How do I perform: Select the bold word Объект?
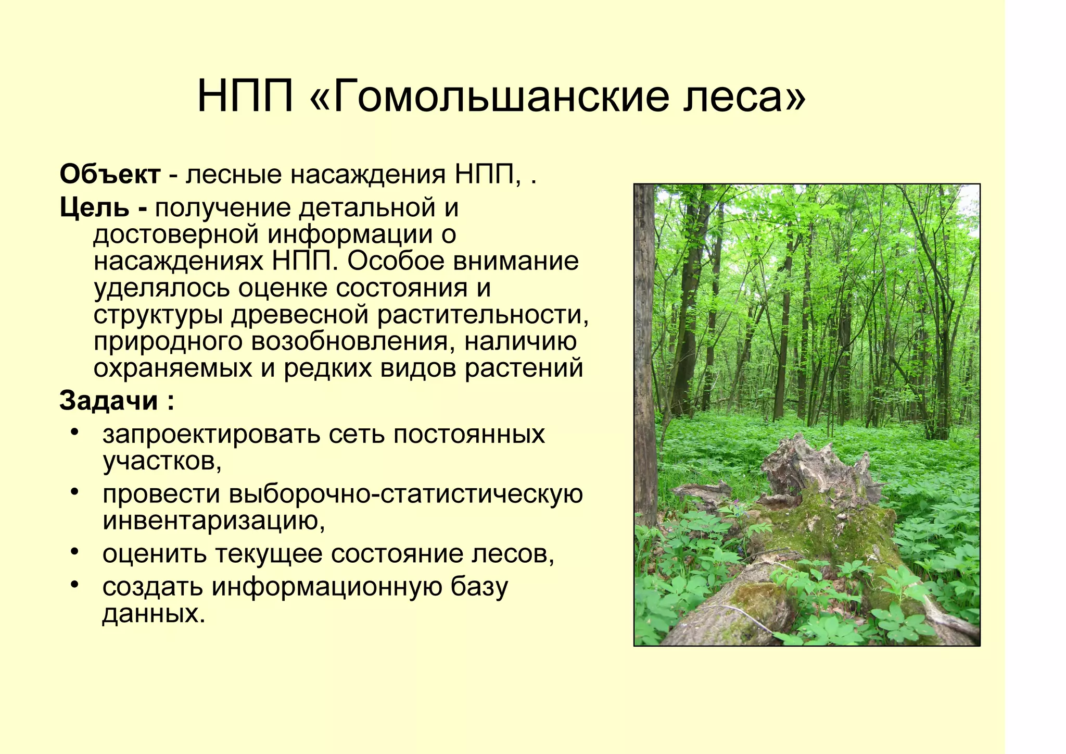pos(110,175)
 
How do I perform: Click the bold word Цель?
pos(94,208)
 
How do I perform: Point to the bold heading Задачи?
pos(108,401)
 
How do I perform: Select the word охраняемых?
pos(173,369)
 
